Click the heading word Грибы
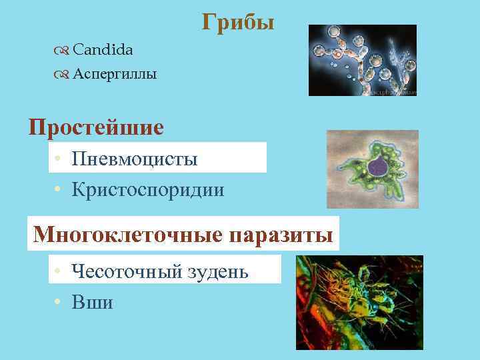coord(238,23)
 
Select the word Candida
coord(102,49)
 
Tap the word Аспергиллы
coord(115,74)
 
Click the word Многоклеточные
coord(128,235)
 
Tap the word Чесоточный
coord(127,271)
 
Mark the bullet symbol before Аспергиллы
coord(62,75)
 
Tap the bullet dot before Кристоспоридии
coord(59,191)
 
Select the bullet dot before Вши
coord(59,303)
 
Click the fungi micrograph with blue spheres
coord(362,60)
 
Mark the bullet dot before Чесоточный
coord(59,272)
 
